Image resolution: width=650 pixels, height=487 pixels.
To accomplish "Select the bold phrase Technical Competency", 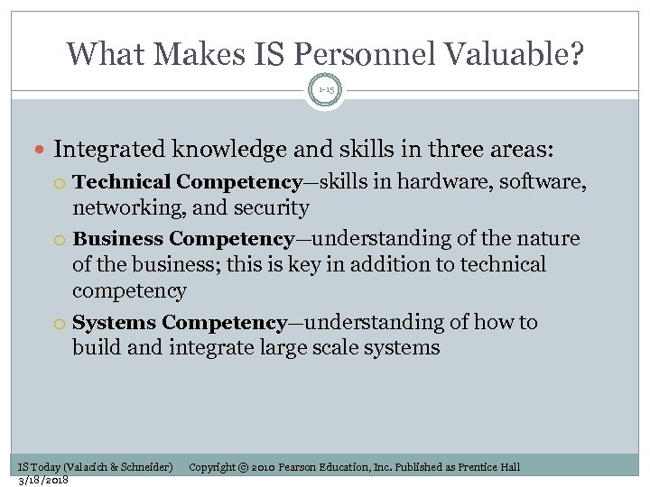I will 187,182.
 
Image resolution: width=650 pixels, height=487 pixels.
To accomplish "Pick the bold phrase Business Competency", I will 183,239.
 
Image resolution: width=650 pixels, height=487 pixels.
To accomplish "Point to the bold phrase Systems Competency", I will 180,323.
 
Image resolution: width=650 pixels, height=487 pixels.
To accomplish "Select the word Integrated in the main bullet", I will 107,148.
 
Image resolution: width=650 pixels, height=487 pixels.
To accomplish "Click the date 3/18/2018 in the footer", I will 43,479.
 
